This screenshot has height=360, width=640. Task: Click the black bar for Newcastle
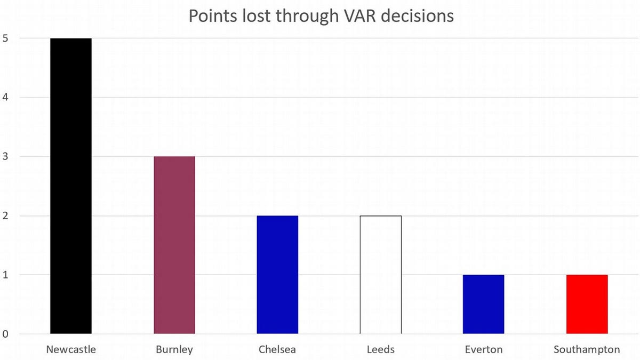[71, 186]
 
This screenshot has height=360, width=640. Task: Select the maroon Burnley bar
[174, 245]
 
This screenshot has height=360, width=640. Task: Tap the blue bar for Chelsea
[277, 275]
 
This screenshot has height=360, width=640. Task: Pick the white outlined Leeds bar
[381, 275]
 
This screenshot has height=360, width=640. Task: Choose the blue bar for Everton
[484, 305]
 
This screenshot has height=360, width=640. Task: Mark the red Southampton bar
[587, 305]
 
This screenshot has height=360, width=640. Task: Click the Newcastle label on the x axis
[71, 350]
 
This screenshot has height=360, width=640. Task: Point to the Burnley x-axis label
[174, 350]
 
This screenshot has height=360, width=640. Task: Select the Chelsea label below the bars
[277, 350]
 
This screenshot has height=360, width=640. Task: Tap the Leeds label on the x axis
[381, 350]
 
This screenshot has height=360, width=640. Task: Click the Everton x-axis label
[484, 350]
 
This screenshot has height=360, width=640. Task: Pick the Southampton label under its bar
[587, 350]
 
